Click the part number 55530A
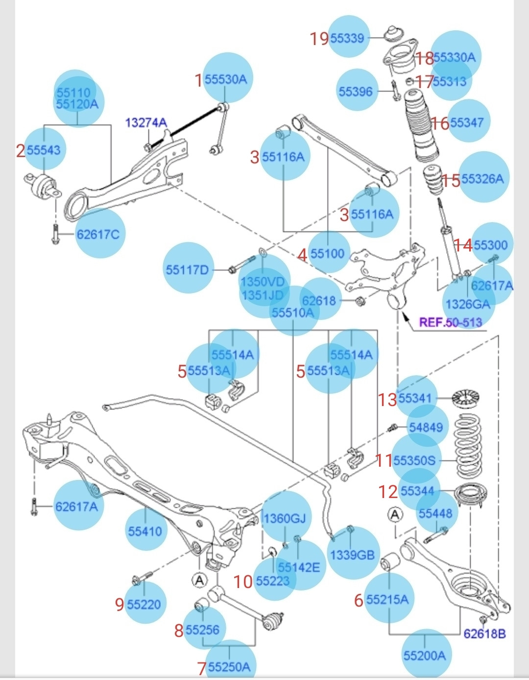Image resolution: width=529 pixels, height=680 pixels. click(226, 79)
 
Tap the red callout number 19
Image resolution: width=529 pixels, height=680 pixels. click(319, 38)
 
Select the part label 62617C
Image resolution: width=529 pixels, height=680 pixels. click(98, 234)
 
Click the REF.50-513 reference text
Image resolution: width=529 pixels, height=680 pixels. click(451, 322)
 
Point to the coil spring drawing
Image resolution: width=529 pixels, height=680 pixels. click(469, 447)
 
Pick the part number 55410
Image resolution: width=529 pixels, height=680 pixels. click(145, 531)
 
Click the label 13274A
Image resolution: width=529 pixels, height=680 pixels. click(146, 122)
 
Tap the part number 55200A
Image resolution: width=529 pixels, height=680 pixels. click(425, 655)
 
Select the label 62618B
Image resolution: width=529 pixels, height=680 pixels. click(484, 634)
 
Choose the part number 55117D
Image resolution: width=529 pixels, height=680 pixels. click(187, 270)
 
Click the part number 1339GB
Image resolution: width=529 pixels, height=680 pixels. click(352, 555)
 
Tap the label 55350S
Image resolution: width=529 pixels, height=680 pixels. click(414, 460)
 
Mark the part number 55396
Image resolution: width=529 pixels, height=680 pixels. click(356, 91)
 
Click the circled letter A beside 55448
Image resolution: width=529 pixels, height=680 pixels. click(395, 514)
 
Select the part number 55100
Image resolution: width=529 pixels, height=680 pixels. click(328, 253)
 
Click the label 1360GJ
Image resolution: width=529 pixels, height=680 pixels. click(285, 519)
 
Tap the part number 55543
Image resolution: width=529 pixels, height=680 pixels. click(44, 150)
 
